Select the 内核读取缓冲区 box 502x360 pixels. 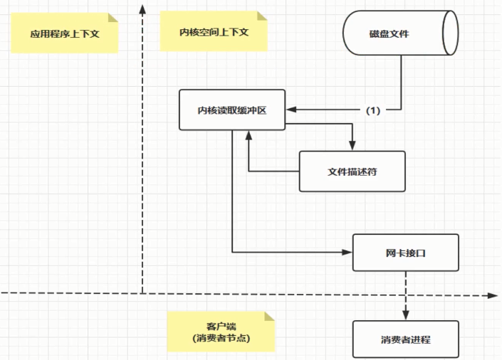point(232,110)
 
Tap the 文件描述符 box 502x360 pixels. point(352,171)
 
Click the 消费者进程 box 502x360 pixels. point(405,339)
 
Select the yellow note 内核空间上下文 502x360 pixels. point(214,32)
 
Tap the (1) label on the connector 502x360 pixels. point(374,110)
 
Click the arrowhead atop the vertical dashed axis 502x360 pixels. point(143,9)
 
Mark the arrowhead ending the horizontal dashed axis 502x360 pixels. point(491,293)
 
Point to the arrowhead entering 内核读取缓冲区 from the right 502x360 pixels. point(291,110)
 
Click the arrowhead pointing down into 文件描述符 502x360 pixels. point(352,146)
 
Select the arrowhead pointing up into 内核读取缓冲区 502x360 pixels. point(249,134)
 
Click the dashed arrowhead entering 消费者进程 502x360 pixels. point(405,316)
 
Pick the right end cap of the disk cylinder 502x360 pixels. point(449,33)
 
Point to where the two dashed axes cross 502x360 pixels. point(143,293)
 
